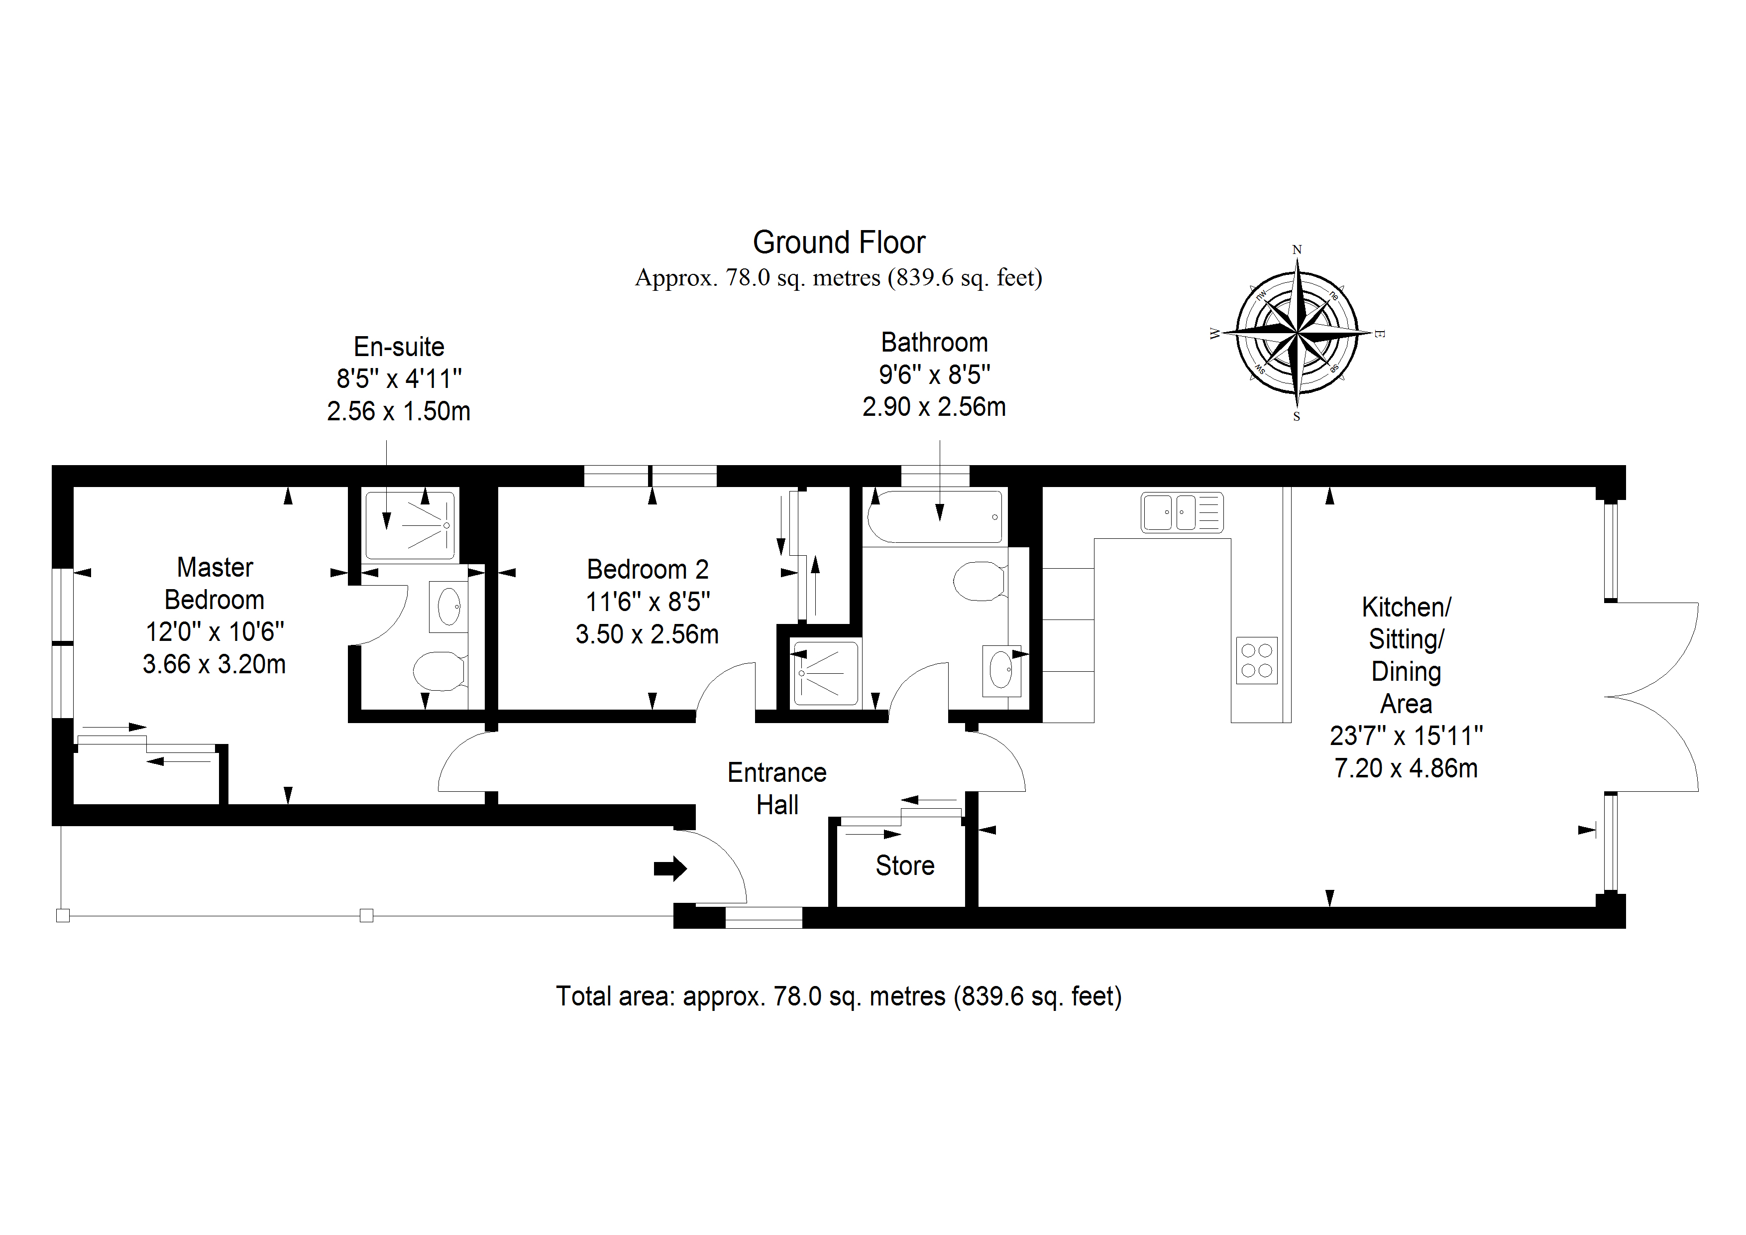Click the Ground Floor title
pyautogui.click(x=839, y=243)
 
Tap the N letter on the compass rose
pyautogui.click(x=1298, y=249)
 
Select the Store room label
pyautogui.click(x=905, y=866)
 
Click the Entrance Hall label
pyautogui.click(x=777, y=788)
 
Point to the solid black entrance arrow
pyautogui.click(x=670, y=868)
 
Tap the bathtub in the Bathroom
pyautogui.click(x=935, y=517)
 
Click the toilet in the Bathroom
pyautogui.click(x=981, y=581)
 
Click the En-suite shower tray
pyautogui.click(x=411, y=526)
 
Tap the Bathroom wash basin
pyautogui.click(x=1001, y=670)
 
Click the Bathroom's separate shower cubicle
pyautogui.click(x=825, y=673)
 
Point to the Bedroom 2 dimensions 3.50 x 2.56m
pyautogui.click(x=647, y=634)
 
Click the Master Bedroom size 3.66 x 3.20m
pyautogui.click(x=215, y=664)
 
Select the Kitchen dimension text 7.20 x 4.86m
pyautogui.click(x=1406, y=768)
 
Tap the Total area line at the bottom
pyautogui.click(x=839, y=996)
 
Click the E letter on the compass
pyautogui.click(x=1380, y=333)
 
